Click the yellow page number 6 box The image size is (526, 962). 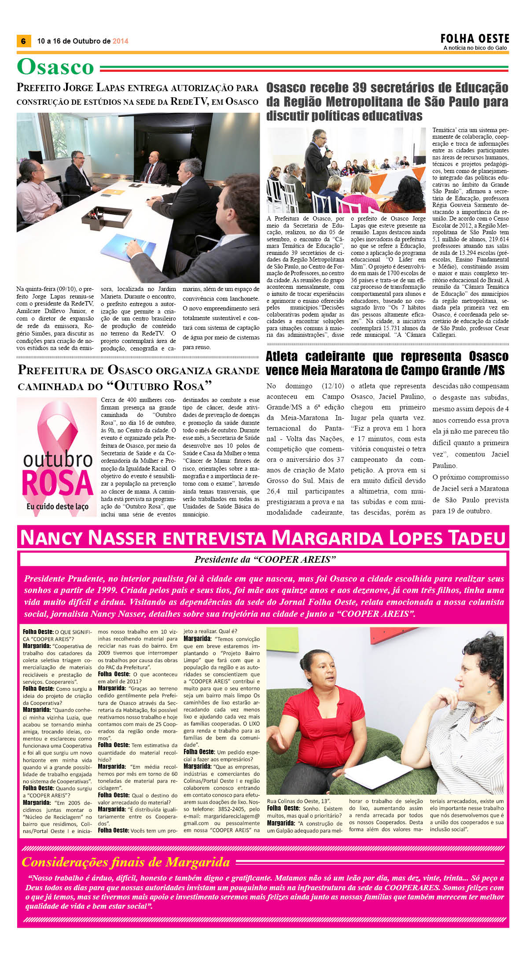pyautogui.click(x=23, y=41)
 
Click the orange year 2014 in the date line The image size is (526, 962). pyautogui.click(x=120, y=41)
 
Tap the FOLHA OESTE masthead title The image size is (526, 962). pyautogui.click(x=475, y=38)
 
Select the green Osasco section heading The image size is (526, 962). pyautogui.click(x=55, y=67)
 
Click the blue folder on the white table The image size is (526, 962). pyautogui.click(x=123, y=246)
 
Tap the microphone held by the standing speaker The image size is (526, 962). pyautogui.click(x=327, y=150)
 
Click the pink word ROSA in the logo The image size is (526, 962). pyautogui.click(x=57, y=484)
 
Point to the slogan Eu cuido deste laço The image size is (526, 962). pyautogui.click(x=57, y=506)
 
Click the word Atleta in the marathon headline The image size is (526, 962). pyautogui.click(x=282, y=356)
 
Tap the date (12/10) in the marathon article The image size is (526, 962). pyautogui.click(x=333, y=386)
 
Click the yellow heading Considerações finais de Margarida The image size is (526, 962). pyautogui.click(x=126, y=862)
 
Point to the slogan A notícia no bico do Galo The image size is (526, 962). pyautogui.click(x=475, y=48)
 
